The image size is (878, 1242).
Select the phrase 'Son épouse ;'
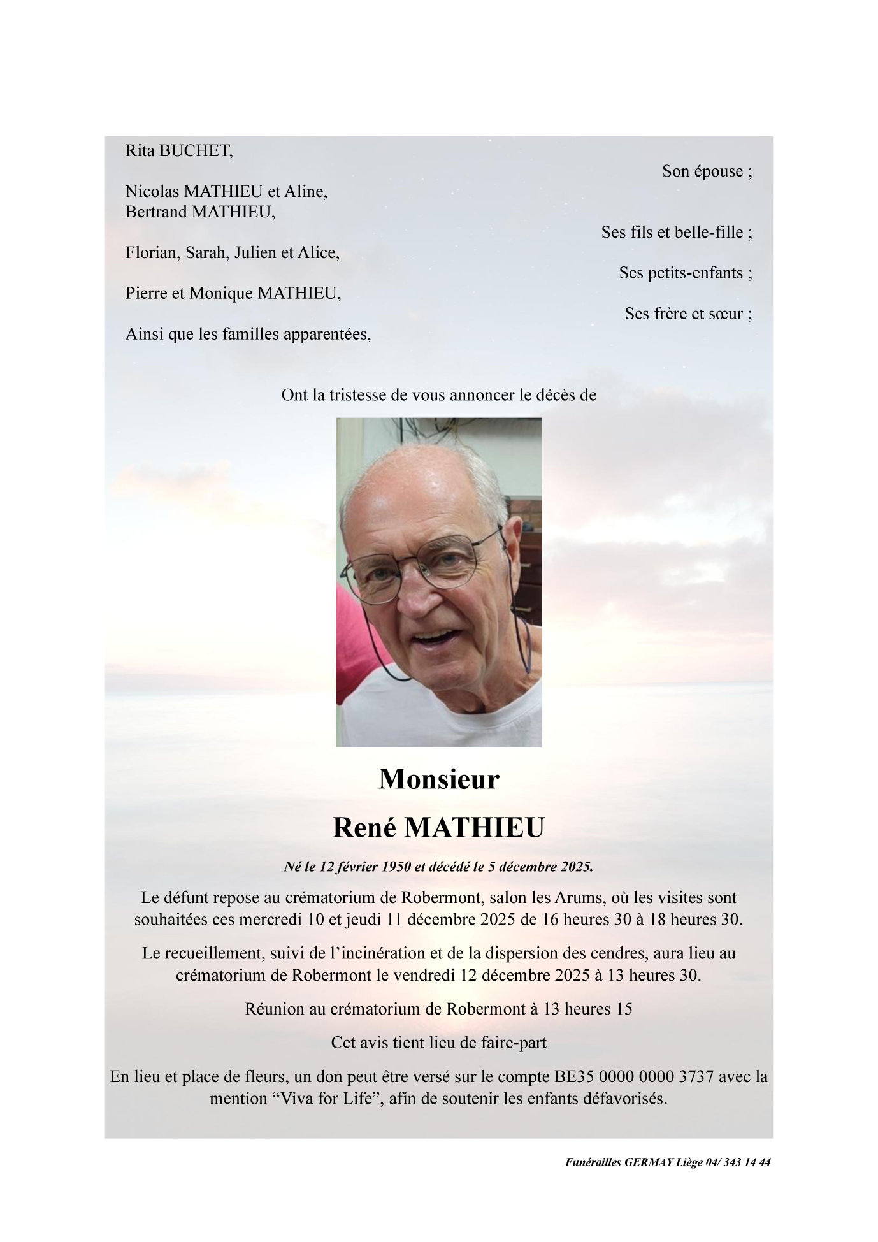tap(707, 171)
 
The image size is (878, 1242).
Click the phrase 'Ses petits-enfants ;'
tap(686, 273)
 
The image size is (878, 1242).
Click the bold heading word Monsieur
tap(439, 779)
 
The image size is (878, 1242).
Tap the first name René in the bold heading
tap(364, 827)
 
